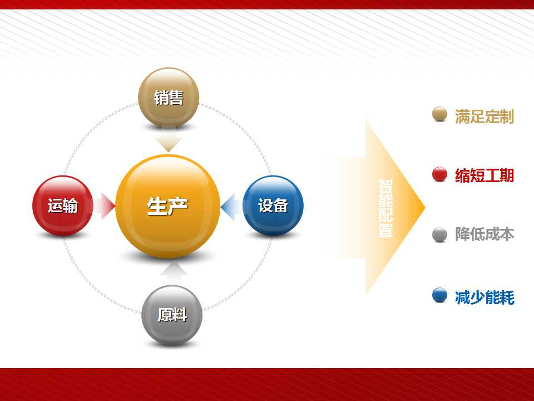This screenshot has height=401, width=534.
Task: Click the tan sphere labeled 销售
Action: pos(169,97)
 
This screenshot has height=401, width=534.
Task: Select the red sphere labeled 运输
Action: pos(63,206)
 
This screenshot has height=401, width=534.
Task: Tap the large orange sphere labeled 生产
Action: pos(167,206)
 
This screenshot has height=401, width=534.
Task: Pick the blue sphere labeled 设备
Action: pos(273,206)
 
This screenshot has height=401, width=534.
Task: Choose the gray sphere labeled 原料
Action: pos(172,315)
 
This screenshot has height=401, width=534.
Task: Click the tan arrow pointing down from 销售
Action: pos(168,140)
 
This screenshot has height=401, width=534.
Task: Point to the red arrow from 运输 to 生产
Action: pos(104,206)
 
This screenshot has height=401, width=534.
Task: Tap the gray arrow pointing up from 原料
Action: pos(174,272)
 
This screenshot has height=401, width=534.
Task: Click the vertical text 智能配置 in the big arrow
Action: pos(385,208)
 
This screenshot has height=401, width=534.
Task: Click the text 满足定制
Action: pos(484,116)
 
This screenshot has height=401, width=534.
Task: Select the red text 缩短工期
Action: pos(484,175)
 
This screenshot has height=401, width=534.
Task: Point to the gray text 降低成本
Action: pos(484,234)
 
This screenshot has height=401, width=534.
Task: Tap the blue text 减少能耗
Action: pos(484,297)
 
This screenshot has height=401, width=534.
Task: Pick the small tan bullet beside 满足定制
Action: pos(439,114)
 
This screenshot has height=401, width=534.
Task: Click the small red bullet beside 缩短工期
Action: pos(439,174)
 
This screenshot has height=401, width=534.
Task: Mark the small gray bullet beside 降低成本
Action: pos(439,234)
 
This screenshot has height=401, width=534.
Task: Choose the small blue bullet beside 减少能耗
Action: pos(439,295)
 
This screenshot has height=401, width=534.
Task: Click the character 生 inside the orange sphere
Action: pos(157,206)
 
